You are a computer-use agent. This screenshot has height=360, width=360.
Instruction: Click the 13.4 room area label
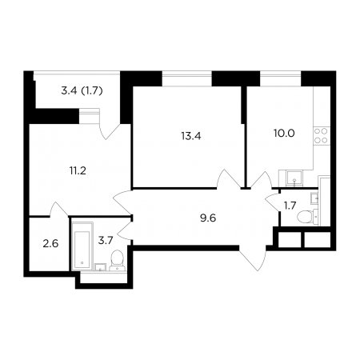point(191,136)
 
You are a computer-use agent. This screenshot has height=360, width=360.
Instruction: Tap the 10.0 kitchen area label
point(284,133)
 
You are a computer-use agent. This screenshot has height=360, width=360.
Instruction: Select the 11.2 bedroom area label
point(78,170)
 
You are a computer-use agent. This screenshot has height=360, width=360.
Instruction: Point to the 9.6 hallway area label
point(208,218)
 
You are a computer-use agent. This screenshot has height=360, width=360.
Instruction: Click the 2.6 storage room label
point(50,244)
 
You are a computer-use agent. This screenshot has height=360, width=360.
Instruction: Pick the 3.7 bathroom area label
point(106,241)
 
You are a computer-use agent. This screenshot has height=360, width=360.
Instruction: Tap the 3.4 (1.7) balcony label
point(82,91)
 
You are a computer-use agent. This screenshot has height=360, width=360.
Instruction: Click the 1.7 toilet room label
point(290,206)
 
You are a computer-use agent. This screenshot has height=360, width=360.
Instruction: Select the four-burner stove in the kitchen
point(321,135)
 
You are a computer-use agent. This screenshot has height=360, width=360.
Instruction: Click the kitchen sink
point(294,178)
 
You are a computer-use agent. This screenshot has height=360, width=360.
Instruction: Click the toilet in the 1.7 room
point(307,216)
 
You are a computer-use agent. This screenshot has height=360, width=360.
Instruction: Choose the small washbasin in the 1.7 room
point(314,198)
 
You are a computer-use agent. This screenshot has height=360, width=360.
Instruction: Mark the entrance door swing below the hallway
point(253,258)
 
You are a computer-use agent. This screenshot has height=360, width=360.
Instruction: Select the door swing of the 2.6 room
point(59,210)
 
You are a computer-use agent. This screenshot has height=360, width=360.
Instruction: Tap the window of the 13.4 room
point(187,78)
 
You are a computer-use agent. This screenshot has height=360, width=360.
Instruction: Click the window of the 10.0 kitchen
point(281,78)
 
